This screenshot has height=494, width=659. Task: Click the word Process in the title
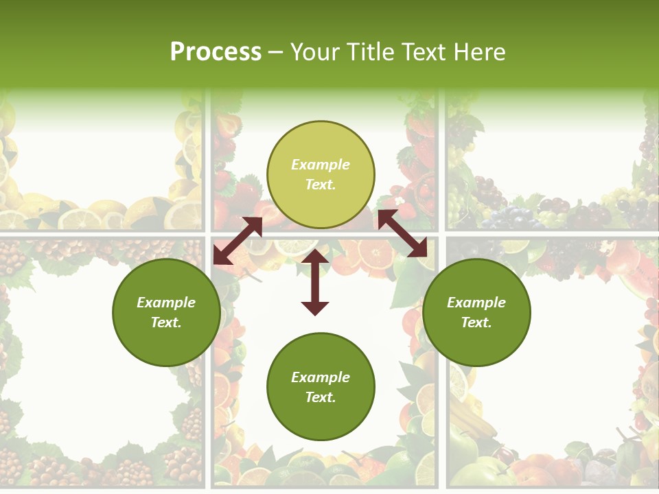216,51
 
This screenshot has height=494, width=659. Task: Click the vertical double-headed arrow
315,282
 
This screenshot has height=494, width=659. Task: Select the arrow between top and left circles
238,241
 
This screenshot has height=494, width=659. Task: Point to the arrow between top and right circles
402,234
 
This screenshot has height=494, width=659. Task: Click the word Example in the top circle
321,165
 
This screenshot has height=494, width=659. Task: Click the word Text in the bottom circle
321,397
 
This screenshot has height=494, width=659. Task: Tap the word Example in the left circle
166,303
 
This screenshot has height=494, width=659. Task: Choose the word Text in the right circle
476,322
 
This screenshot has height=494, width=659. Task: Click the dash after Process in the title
275,52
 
